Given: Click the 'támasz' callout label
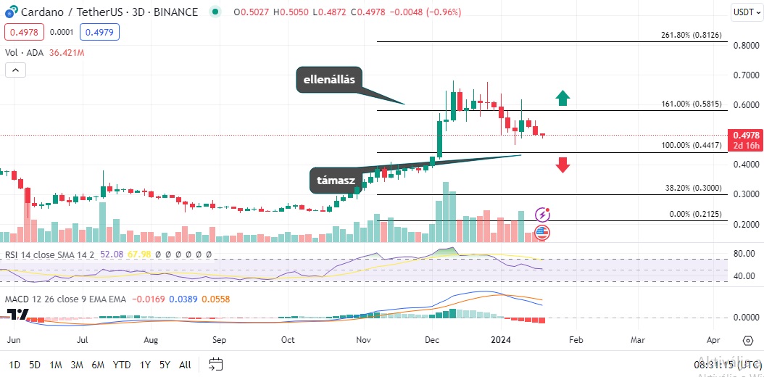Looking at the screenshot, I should (336, 181).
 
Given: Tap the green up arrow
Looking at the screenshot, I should (563, 99).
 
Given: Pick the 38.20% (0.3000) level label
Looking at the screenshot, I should (694, 187).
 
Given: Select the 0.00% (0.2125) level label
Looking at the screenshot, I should (695, 214).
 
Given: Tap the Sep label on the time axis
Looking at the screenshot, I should (219, 339).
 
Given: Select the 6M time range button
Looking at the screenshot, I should (99, 365).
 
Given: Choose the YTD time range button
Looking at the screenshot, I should (122, 365).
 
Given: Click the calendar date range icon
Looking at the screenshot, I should (215, 364).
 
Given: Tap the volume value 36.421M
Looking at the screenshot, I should (67, 53).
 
